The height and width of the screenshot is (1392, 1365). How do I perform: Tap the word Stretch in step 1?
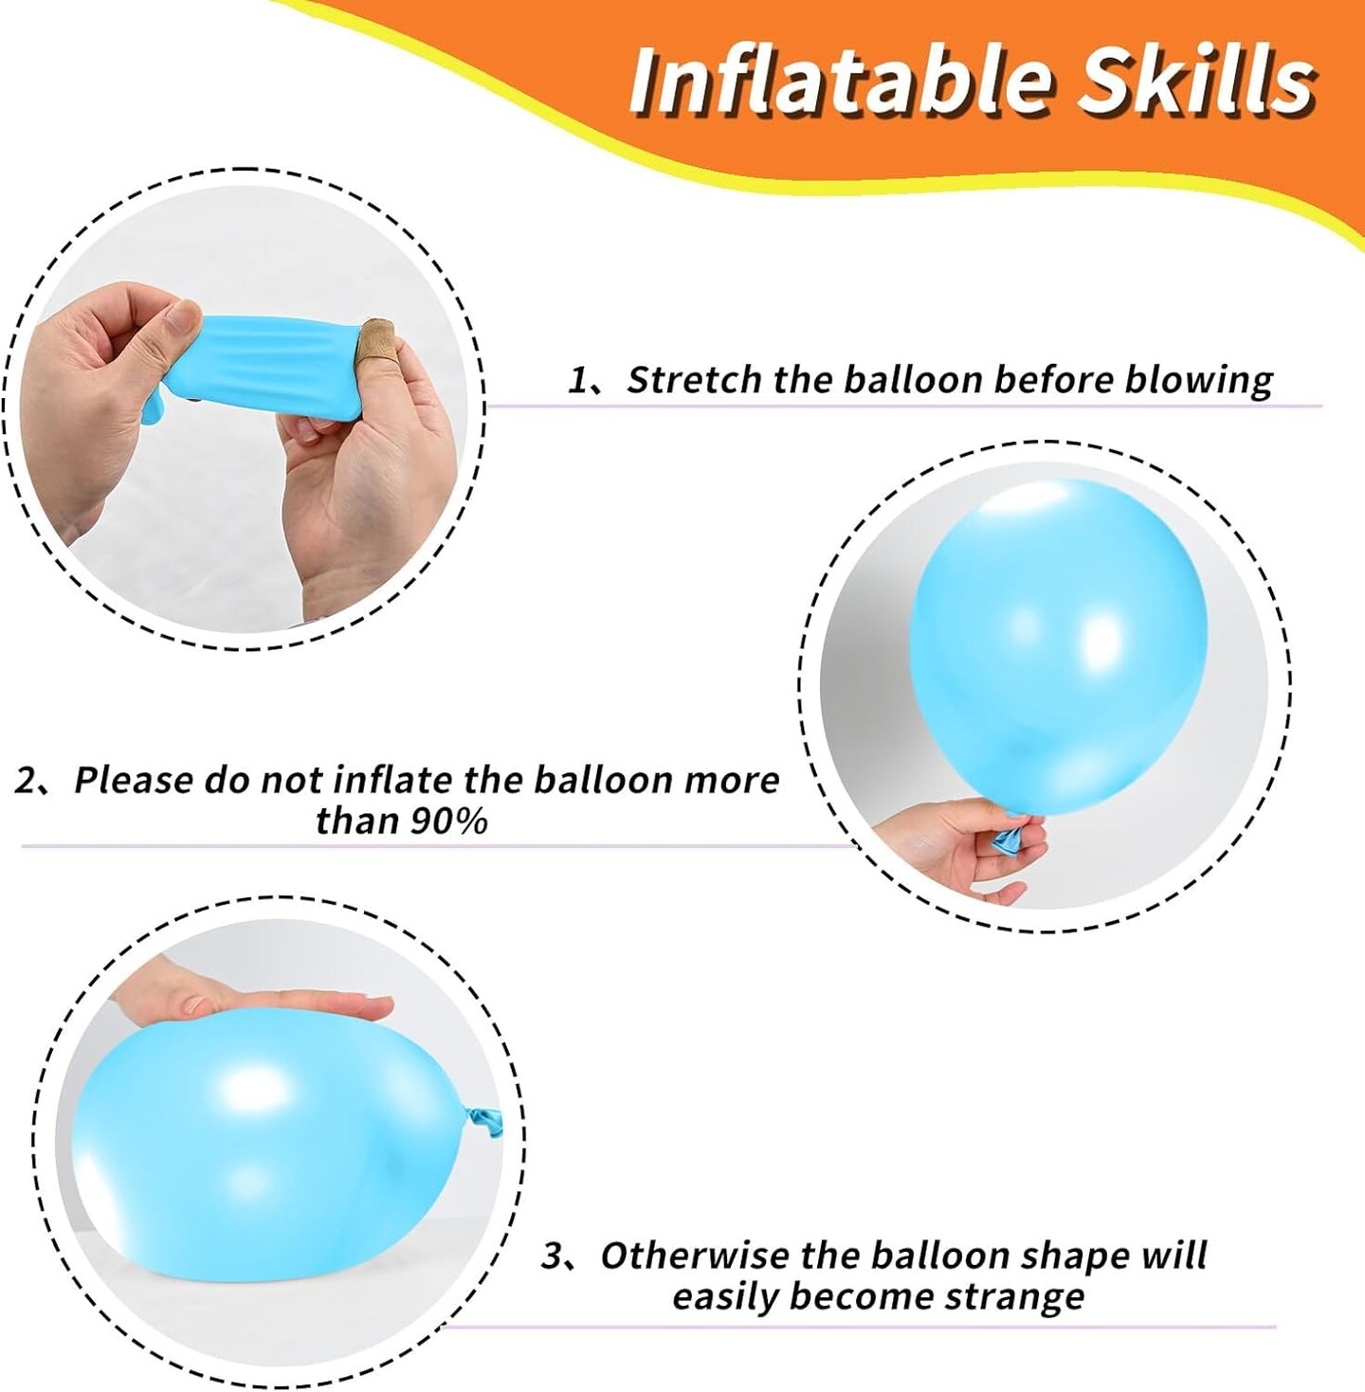click(x=693, y=380)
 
